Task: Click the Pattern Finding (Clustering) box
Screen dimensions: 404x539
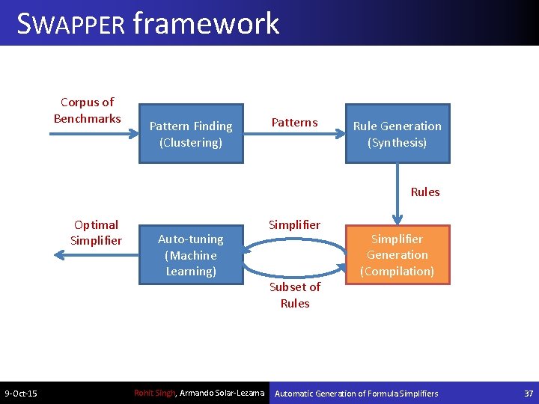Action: pyautogui.click(x=191, y=133)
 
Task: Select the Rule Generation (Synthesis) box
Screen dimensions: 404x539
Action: pyautogui.click(x=397, y=133)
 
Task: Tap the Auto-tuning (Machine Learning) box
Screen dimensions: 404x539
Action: pyautogui.click(x=191, y=254)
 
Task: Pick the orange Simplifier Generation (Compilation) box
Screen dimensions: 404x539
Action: pyautogui.click(x=397, y=254)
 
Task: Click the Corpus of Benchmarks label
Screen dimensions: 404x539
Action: pyautogui.click(x=87, y=110)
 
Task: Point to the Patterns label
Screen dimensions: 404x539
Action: pyautogui.click(x=294, y=122)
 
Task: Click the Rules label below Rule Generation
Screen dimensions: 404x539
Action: pyautogui.click(x=425, y=192)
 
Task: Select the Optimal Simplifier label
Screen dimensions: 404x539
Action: pyautogui.click(x=96, y=232)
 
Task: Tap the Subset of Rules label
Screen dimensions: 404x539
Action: pyautogui.click(x=295, y=295)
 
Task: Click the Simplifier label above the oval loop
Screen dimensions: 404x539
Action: pyautogui.click(x=294, y=224)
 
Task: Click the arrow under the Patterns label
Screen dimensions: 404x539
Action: pyautogui.click(x=294, y=134)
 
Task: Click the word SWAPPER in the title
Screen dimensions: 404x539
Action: pyautogui.click(x=71, y=24)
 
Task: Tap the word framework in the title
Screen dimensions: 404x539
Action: pyautogui.click(x=206, y=24)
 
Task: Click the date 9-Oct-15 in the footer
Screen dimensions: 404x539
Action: pyautogui.click(x=21, y=394)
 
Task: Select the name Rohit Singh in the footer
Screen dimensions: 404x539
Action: pyautogui.click(x=154, y=393)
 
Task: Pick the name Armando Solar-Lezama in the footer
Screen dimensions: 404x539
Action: pyautogui.click(x=222, y=393)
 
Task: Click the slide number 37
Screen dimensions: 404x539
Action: pyautogui.click(x=529, y=394)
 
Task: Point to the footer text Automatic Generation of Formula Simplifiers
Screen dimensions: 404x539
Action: pyautogui.click(x=357, y=394)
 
